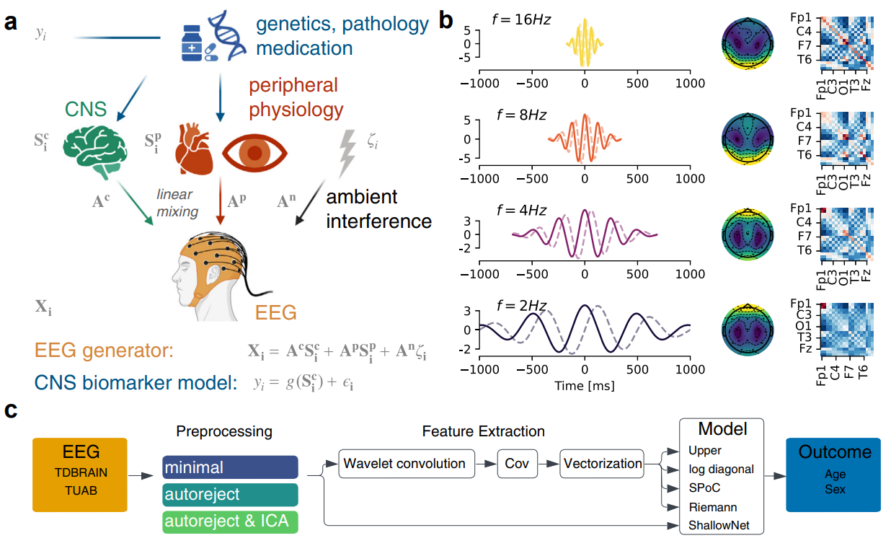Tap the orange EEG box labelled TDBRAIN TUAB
pyautogui.click(x=79, y=475)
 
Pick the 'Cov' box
pyautogui.click(x=518, y=464)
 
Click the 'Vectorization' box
pyautogui.click(x=603, y=464)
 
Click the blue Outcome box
pyautogui.click(x=833, y=475)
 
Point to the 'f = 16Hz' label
pyautogui.click(x=517, y=19)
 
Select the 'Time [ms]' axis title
pyautogui.click(x=585, y=387)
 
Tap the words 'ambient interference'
pyautogui.click(x=378, y=208)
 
